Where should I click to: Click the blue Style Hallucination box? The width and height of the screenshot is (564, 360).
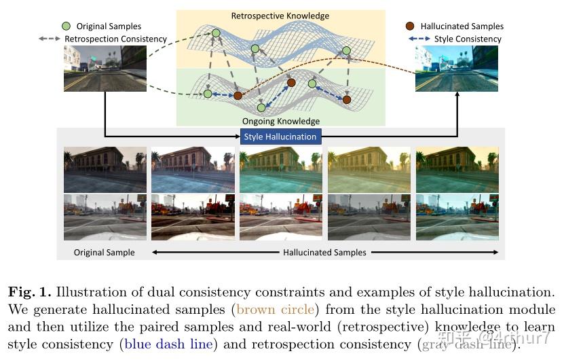280,136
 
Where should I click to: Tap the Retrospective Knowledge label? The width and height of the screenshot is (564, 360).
280,16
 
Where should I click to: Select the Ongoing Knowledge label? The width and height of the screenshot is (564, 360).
280,121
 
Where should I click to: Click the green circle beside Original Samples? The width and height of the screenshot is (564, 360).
65,26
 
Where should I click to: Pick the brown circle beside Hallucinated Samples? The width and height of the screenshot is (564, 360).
410,26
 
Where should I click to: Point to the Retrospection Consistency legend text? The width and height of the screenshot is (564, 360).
115,39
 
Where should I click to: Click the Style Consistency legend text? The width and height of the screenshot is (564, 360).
468,39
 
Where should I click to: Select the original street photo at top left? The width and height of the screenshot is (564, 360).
105,69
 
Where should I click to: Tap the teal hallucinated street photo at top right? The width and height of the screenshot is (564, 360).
456,69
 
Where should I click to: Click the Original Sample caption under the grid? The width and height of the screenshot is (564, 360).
105,252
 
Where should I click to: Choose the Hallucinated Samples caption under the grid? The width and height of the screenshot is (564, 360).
324,252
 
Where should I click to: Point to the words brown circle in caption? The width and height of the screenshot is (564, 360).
275,310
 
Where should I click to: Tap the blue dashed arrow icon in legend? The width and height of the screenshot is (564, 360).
419,39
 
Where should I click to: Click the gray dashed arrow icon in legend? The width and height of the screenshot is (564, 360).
50,39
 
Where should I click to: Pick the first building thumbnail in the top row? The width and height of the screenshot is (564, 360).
105,170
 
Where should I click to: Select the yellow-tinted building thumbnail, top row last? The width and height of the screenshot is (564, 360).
456,170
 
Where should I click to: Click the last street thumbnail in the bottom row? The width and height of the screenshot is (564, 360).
456,217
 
